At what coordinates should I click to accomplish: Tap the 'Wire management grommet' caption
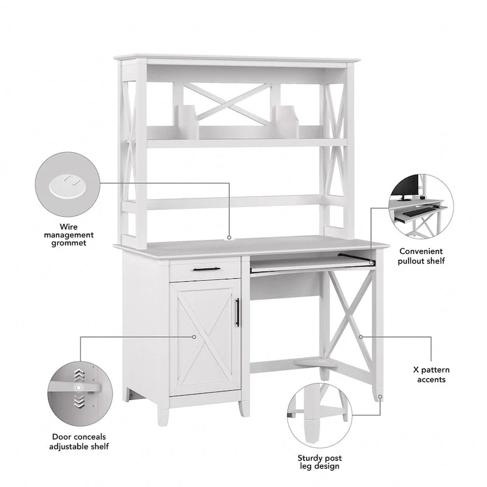[x=68, y=234]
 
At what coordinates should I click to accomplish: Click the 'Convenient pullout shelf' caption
[x=421, y=256]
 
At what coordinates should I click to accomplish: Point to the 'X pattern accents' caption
[x=431, y=374]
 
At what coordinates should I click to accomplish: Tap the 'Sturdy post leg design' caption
[x=320, y=462]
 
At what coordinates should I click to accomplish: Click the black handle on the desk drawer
[x=205, y=268]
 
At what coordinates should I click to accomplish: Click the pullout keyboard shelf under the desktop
[x=310, y=264]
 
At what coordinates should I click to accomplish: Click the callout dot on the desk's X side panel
[x=360, y=336]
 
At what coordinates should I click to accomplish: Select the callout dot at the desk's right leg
[x=380, y=397]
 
